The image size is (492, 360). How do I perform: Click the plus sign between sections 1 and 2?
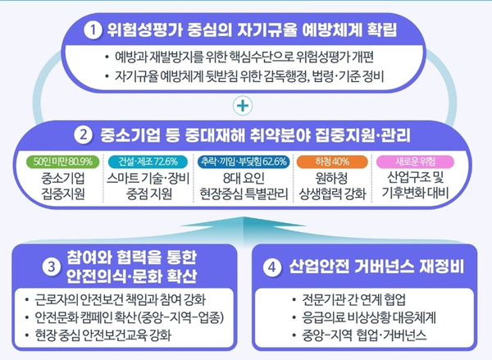240,105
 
